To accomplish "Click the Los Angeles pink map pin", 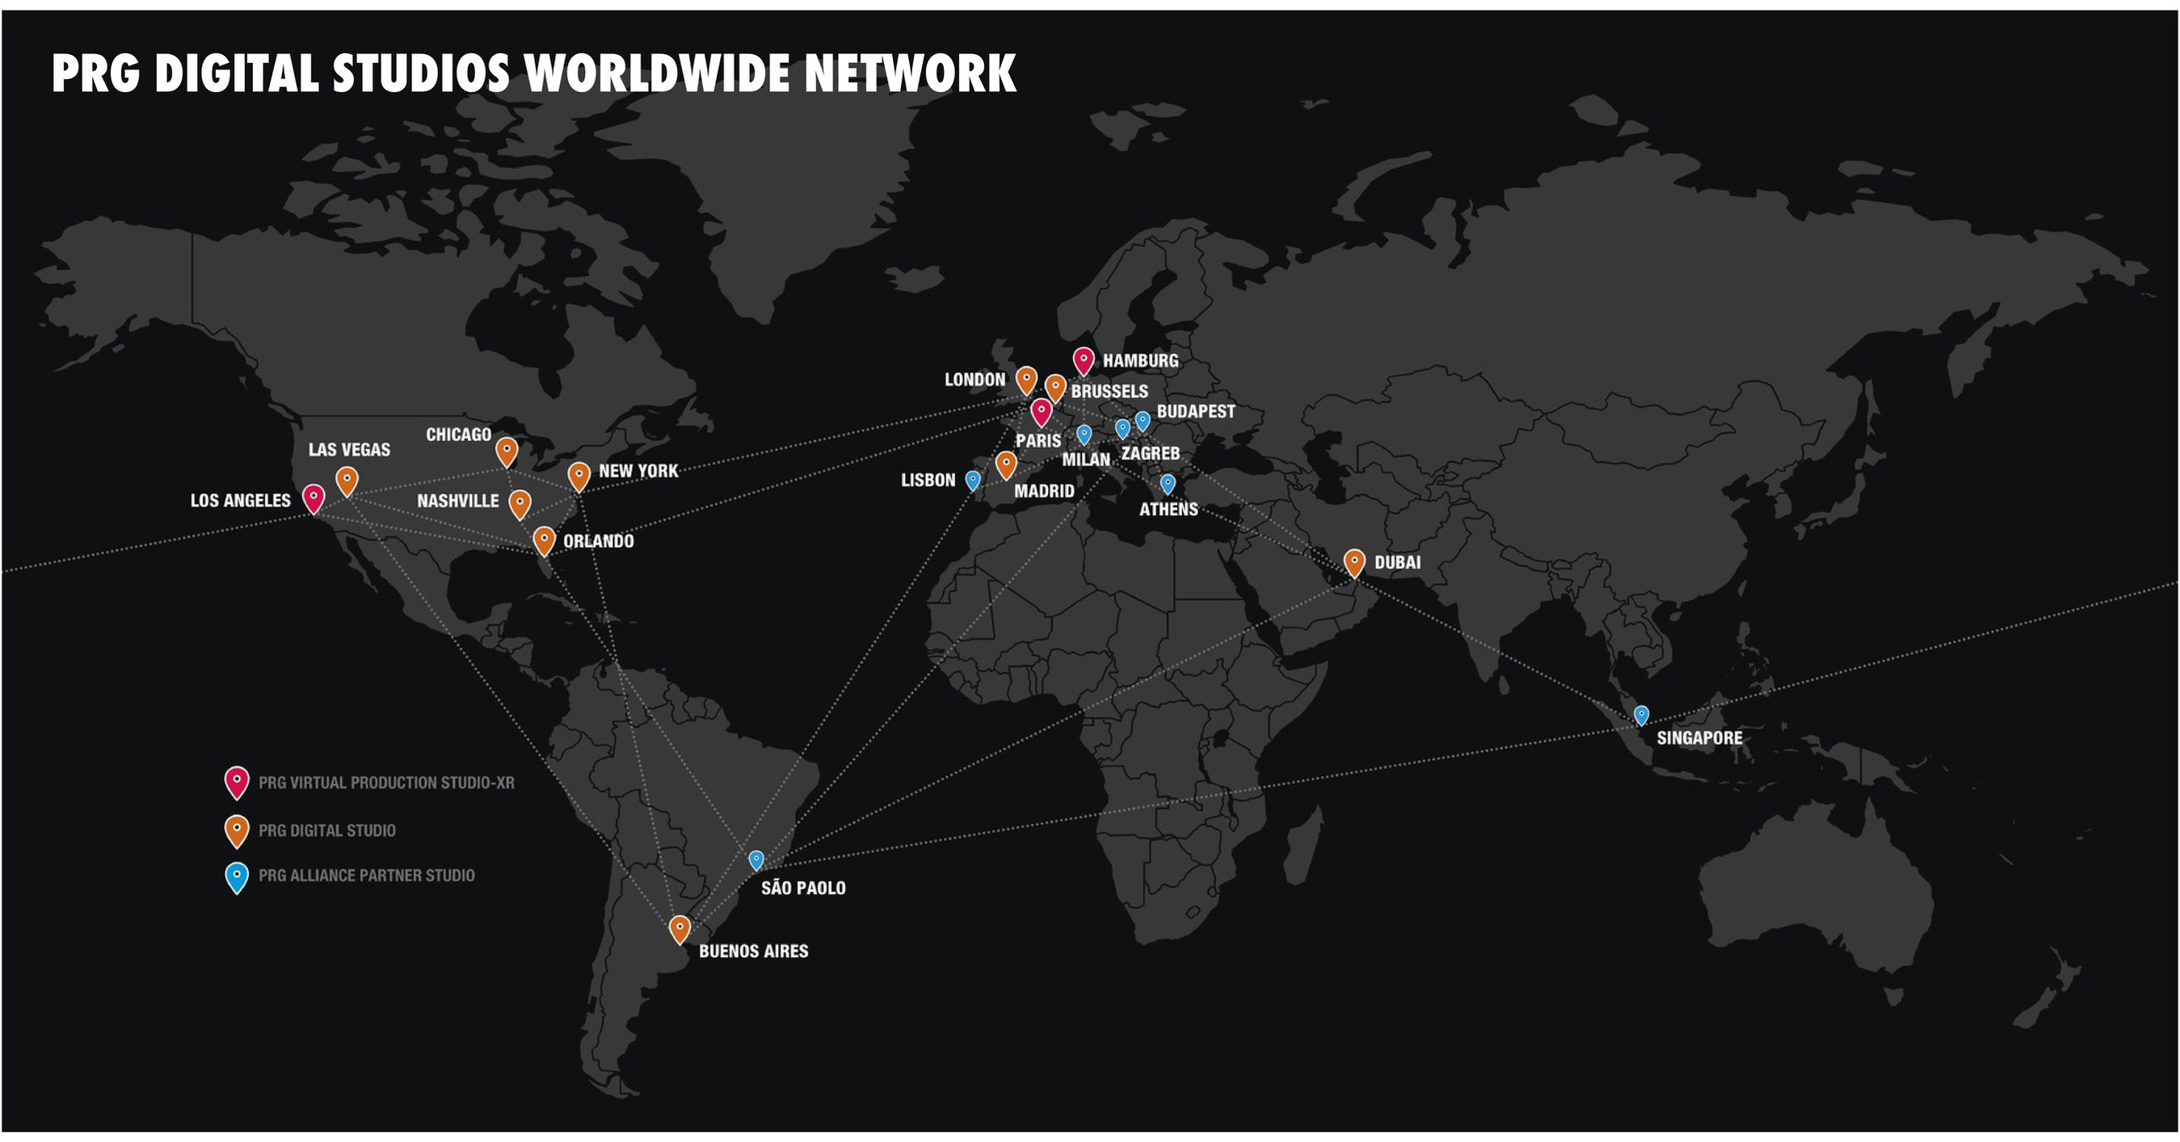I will point(314,498).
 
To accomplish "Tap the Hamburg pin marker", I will point(1084,360).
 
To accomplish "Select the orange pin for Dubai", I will point(1354,561).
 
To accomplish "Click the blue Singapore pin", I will point(1641,715).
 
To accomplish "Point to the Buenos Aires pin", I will point(679,928).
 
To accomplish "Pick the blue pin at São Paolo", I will point(756,859).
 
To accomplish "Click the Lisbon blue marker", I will point(973,480).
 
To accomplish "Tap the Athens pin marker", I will point(1168,483).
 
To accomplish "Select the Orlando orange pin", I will point(544,540).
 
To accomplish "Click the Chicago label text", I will point(458,434).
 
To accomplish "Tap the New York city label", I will point(638,470).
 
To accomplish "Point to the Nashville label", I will point(458,501).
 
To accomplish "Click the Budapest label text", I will point(1195,411).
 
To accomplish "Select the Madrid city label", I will point(1043,490).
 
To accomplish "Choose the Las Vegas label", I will point(349,449).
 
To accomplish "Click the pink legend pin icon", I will point(237,781).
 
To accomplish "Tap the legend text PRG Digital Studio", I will point(326,830).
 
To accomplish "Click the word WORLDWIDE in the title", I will point(657,73).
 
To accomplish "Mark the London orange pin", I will point(1025,379).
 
